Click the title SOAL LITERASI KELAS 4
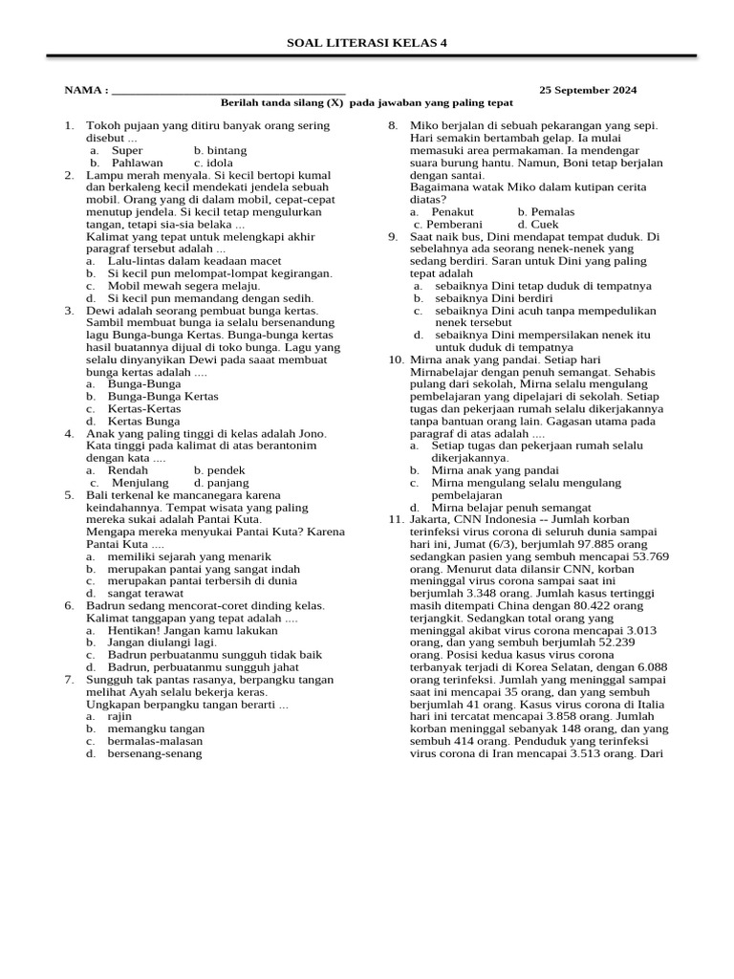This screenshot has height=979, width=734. pos(367,43)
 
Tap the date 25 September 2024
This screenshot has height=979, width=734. pos(588,90)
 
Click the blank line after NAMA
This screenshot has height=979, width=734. pos(228,92)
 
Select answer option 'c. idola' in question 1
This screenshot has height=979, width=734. pos(213,163)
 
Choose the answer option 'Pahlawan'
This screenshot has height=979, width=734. pos(137,163)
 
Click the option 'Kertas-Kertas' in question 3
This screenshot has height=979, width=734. pos(144,408)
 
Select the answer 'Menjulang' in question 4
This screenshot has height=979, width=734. pos(140,483)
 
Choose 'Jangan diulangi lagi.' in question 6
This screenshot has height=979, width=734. pos(162,642)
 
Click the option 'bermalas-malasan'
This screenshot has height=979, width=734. pos(155,741)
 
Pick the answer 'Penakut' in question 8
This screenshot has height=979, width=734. pos(452,211)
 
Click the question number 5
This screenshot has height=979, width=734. pos(69,495)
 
